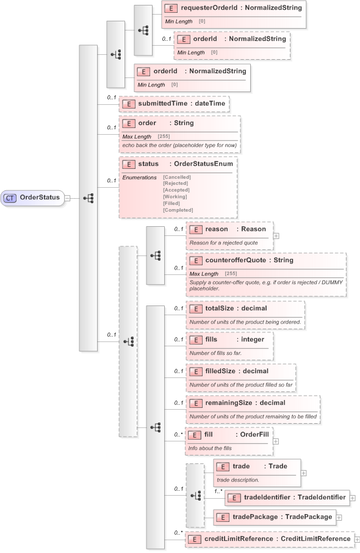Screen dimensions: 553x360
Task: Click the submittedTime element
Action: (174, 104)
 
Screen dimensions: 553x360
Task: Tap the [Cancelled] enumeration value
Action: (176, 177)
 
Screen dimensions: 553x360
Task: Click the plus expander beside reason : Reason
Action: (276, 235)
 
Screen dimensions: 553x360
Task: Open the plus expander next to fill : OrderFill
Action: (276, 440)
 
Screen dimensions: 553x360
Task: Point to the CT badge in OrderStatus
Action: (10, 198)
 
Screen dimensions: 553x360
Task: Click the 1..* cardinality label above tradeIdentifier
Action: (217, 491)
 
